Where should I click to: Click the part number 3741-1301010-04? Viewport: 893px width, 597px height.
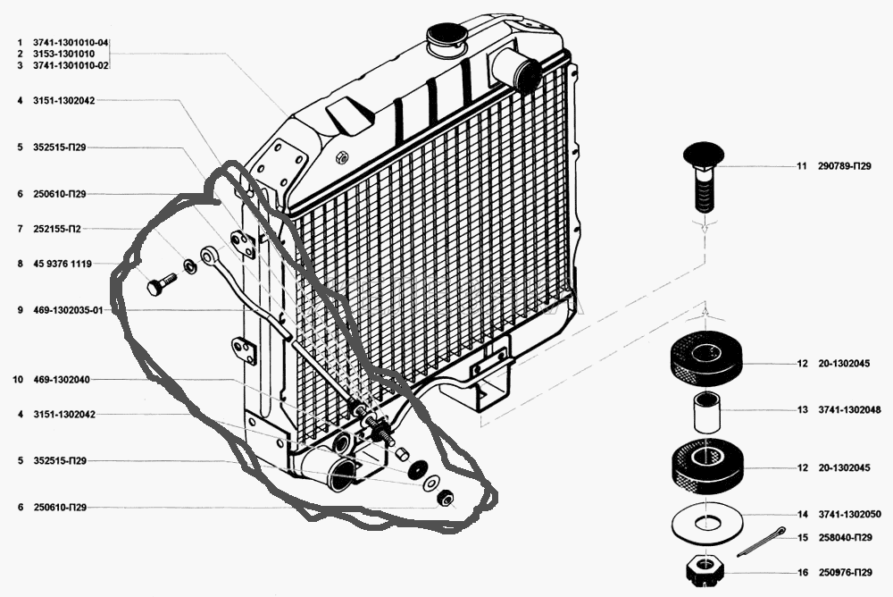point(71,43)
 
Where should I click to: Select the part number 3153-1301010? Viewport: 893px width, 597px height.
point(63,54)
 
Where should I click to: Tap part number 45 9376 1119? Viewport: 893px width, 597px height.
point(63,264)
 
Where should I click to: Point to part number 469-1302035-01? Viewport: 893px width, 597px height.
point(69,310)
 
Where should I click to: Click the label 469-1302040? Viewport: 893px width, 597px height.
point(62,380)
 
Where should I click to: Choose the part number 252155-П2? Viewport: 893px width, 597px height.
point(57,229)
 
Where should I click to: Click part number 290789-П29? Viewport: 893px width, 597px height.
point(845,166)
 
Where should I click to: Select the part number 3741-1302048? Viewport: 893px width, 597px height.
point(850,409)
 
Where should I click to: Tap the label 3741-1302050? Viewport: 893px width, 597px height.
point(850,514)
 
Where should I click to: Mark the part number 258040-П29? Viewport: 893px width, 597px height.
point(845,538)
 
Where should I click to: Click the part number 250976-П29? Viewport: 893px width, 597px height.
point(845,573)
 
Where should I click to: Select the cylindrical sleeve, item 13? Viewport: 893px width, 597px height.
point(706,412)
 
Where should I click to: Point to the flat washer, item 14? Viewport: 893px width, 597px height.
point(706,522)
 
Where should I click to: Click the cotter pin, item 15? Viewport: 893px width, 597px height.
point(761,542)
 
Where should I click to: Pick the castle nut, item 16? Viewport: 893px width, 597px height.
point(705,570)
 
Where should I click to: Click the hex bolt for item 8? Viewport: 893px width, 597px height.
point(162,284)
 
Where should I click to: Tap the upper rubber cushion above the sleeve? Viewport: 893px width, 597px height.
point(706,358)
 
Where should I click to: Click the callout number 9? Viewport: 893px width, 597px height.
point(20,310)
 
